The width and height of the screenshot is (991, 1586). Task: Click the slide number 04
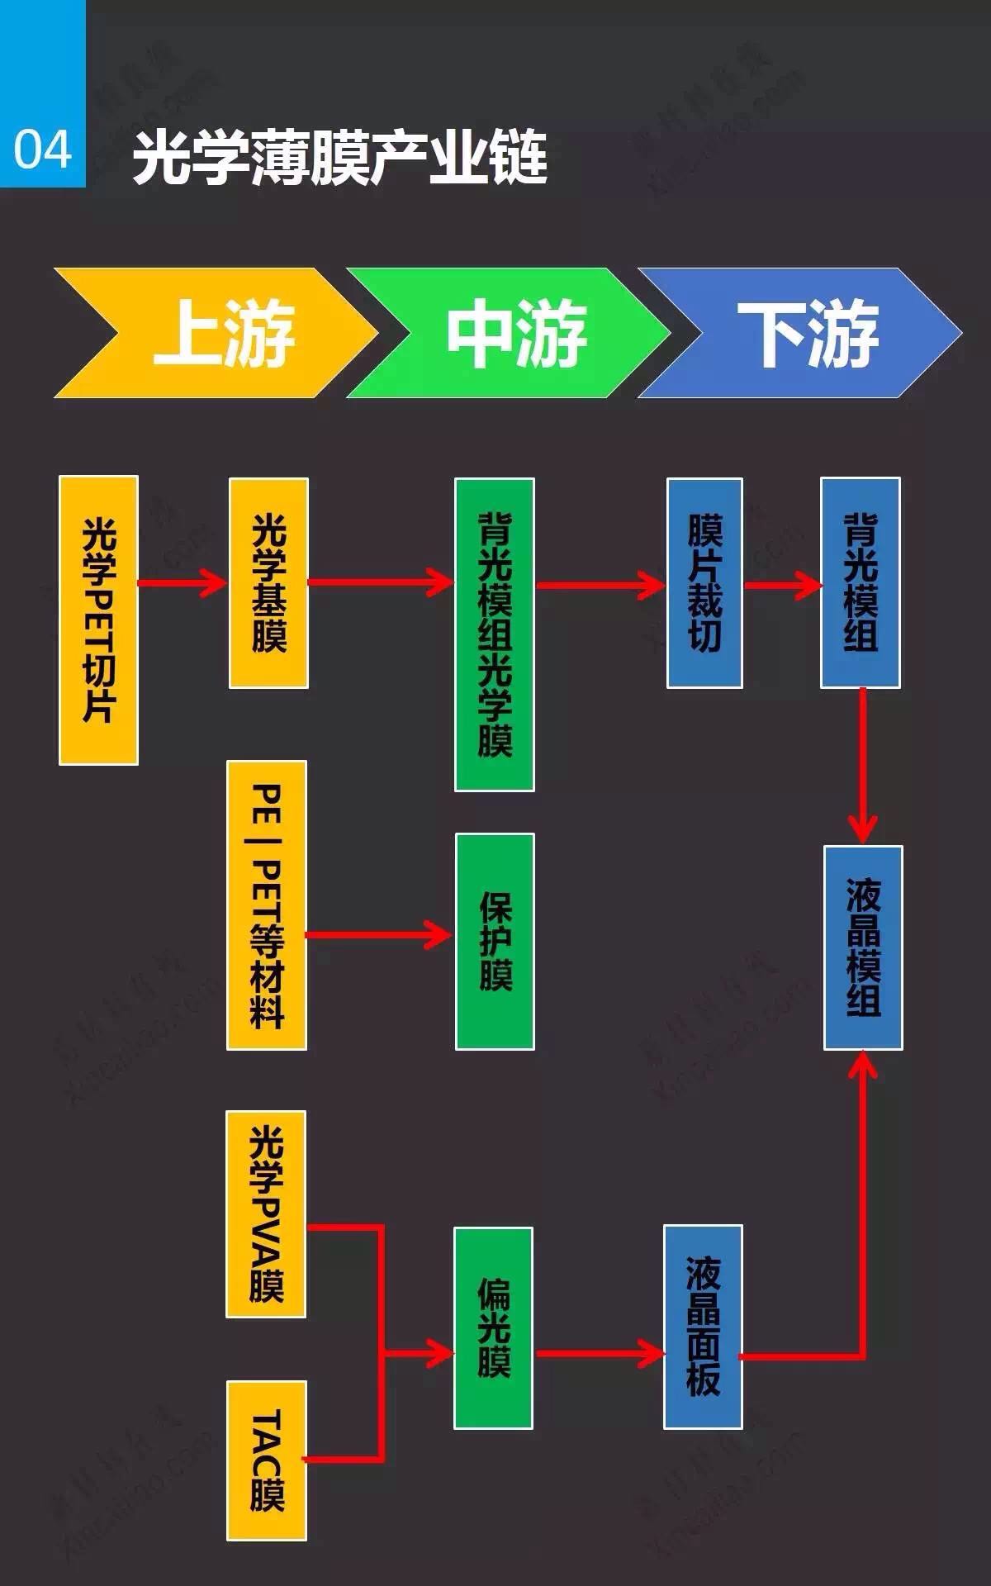point(42,150)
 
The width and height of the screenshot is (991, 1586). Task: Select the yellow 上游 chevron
point(216,333)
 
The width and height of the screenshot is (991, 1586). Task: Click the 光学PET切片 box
point(98,620)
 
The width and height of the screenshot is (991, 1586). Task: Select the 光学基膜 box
point(268,582)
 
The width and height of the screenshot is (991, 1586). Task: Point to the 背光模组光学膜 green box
point(495,634)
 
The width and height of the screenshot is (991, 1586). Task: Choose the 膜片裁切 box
point(704,582)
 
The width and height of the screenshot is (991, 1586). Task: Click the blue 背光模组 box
point(861,582)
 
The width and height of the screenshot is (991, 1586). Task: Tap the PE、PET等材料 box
point(267,905)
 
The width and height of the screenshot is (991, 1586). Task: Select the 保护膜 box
point(495,941)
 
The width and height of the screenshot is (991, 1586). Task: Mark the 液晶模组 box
point(863,947)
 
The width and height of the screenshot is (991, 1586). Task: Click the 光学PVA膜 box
point(266,1213)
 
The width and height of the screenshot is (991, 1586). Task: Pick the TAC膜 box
point(267,1460)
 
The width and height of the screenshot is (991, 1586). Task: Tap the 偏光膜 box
point(493,1327)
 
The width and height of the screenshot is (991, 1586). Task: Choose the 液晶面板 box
point(703,1327)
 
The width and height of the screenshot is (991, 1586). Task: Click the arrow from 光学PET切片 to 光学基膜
point(183,583)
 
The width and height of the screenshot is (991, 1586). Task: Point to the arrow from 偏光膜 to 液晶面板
point(600,1353)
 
